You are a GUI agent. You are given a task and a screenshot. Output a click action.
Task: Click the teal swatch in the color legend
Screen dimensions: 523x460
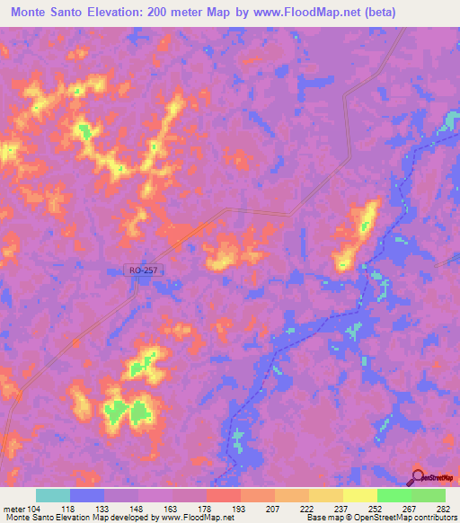tap(53, 495)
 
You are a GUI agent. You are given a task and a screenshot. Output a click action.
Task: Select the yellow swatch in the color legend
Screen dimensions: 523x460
tap(358, 495)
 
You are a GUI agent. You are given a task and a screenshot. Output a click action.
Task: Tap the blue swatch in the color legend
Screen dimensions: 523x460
tap(87, 495)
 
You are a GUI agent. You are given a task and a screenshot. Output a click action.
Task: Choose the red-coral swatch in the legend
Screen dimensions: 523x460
tap(223, 495)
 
